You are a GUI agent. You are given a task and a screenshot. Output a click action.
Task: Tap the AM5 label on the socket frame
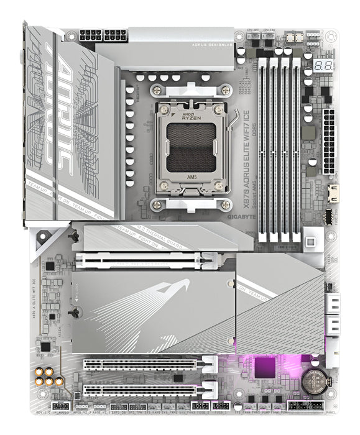click(x=192, y=175)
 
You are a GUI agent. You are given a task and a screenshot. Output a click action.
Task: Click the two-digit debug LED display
click(x=323, y=65)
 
